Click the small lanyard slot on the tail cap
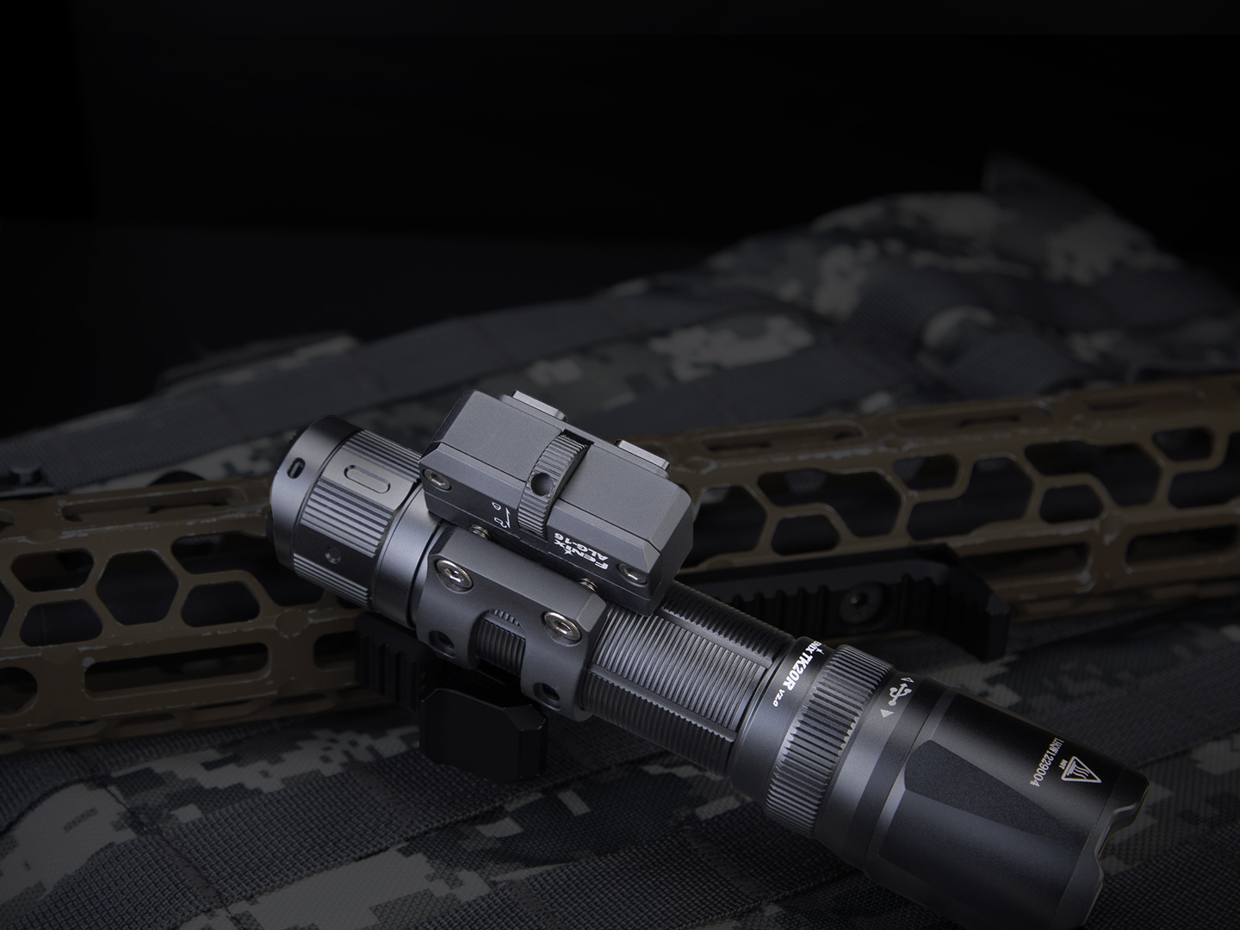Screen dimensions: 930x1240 (x=298, y=466)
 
